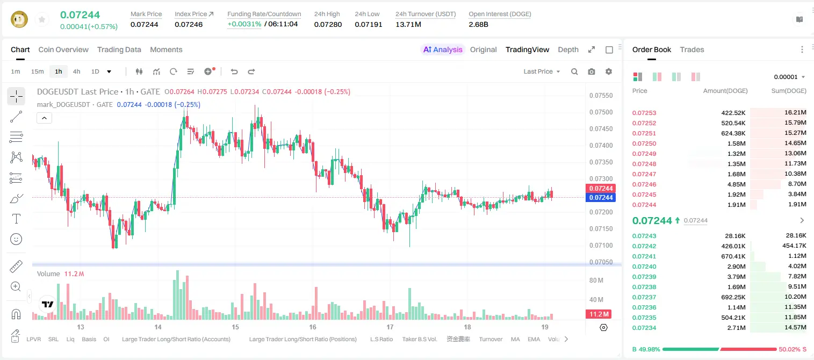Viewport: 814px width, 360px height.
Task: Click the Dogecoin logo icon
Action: (x=19, y=19)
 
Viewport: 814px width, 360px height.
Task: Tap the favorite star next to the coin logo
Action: (x=42, y=19)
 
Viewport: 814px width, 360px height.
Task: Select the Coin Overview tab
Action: (x=63, y=49)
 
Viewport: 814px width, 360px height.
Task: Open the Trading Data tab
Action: (x=119, y=49)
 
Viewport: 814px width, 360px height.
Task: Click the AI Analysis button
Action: (x=443, y=49)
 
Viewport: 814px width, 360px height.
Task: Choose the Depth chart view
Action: (x=568, y=49)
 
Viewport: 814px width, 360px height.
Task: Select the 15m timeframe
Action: (x=38, y=71)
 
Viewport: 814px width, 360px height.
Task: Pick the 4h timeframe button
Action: (x=76, y=71)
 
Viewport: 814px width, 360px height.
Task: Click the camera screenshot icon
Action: (x=592, y=71)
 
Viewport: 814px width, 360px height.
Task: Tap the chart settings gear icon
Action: (x=609, y=71)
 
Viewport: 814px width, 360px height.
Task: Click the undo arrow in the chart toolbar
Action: (x=234, y=71)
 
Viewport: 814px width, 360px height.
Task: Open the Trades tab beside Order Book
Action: (x=692, y=49)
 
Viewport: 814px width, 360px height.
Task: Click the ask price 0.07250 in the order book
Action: (x=644, y=143)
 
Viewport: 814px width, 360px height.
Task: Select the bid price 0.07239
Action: (x=644, y=277)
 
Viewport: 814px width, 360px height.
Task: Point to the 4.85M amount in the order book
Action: (x=736, y=184)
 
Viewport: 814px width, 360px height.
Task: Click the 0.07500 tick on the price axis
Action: (x=601, y=112)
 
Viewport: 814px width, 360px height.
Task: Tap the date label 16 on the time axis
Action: (x=313, y=327)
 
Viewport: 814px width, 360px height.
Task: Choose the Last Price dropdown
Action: (x=542, y=71)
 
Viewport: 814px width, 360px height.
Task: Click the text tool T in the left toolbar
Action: (x=16, y=219)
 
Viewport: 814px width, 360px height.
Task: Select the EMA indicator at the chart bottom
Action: (x=534, y=339)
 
